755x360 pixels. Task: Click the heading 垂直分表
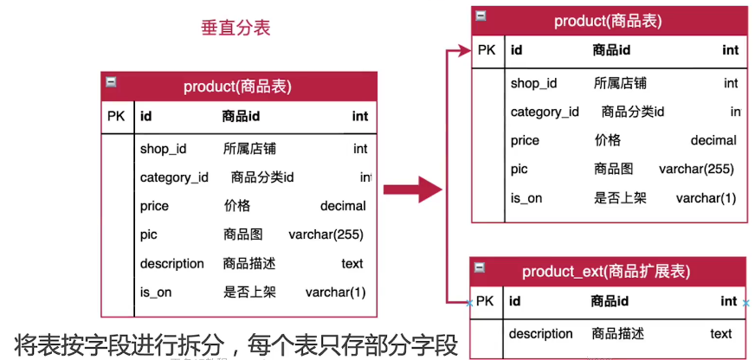coord(236,27)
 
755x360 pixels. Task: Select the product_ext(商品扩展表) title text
coord(606,272)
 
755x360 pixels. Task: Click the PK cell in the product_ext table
coord(485,301)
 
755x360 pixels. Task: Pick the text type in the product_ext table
coord(720,333)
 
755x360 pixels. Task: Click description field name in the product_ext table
coord(540,333)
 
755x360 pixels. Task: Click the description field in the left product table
coord(171,263)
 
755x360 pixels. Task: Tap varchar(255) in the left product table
coord(326,235)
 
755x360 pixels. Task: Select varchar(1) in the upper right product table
coord(706,198)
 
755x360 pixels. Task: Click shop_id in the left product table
coord(163,149)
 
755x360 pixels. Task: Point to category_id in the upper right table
coord(545,112)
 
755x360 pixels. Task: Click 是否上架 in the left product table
coord(249,292)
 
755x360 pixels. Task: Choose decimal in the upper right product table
coord(713,140)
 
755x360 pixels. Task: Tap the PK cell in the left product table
coord(116,116)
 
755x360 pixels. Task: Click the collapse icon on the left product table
coord(110,82)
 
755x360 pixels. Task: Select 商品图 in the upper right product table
coord(613,169)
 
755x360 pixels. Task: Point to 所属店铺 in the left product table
coord(249,149)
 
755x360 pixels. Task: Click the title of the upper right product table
coord(609,22)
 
